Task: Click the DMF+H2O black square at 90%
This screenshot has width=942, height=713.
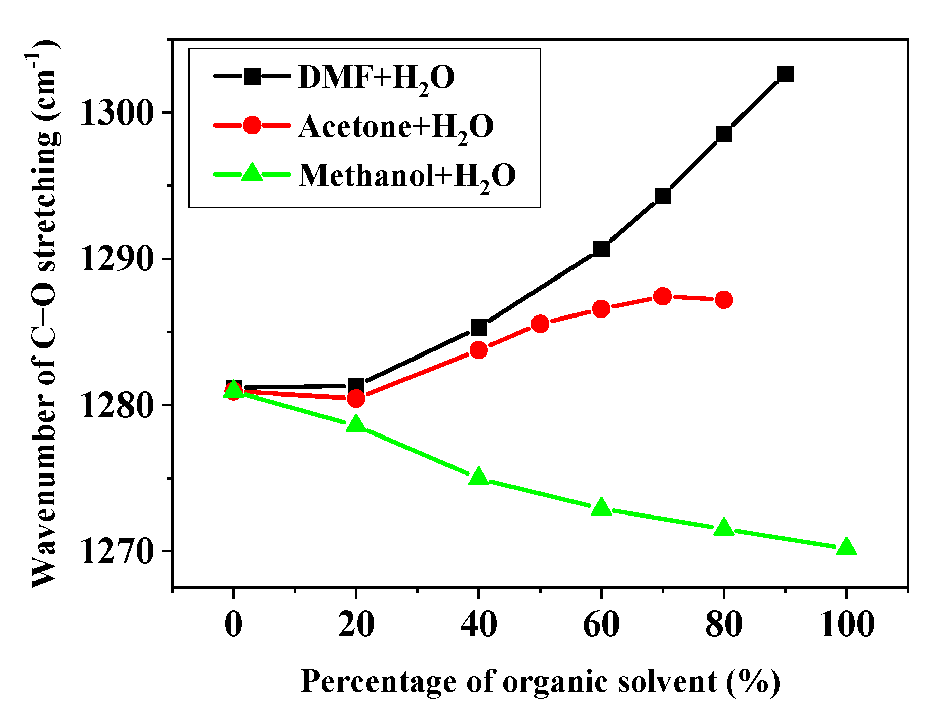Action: coord(785,74)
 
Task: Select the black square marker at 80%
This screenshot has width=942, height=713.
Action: coord(724,134)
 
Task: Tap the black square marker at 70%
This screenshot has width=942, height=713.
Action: coord(663,195)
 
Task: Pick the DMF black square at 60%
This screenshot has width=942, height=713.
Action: coord(601,249)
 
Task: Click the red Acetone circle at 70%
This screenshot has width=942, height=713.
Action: coord(663,296)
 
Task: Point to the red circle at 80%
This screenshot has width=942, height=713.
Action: coord(724,300)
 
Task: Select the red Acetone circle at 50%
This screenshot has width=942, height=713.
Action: coord(540,324)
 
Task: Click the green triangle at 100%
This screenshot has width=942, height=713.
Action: coord(846,547)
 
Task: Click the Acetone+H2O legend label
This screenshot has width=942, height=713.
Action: coord(395,127)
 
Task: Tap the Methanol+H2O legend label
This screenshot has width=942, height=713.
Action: coord(407,176)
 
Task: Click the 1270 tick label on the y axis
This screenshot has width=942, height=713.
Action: coord(117,551)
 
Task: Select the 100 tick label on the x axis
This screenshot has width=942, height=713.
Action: coord(846,624)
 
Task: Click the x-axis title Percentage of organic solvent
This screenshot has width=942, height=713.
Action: coord(540,681)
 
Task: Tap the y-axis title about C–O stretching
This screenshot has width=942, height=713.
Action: coord(44,314)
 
